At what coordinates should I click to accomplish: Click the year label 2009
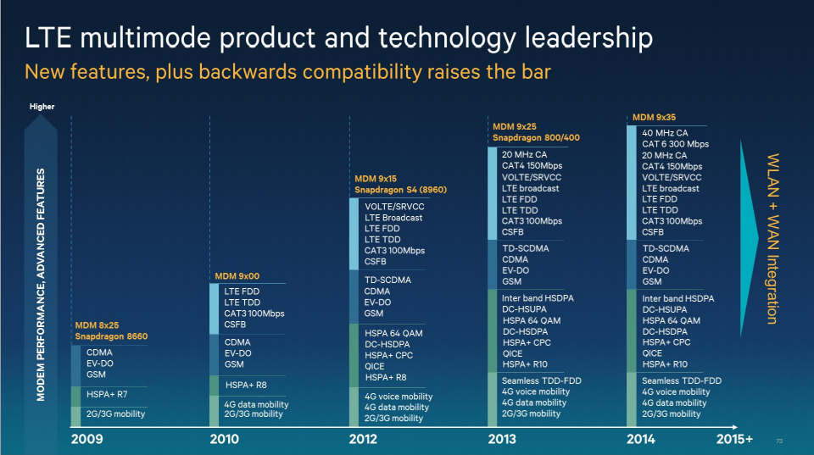point(86,439)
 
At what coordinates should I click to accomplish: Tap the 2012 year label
point(365,439)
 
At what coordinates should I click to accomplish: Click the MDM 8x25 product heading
point(99,325)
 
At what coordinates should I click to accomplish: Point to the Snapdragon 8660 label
point(111,336)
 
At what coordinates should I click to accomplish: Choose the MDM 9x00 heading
point(237,276)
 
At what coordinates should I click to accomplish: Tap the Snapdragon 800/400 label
point(536,137)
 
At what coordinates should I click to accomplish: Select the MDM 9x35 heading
point(654,117)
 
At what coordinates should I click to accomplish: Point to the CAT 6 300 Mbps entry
point(675,144)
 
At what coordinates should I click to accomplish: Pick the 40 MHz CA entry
point(665,133)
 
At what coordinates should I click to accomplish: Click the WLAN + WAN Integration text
point(772,238)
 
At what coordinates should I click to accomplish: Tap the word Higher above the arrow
point(42,107)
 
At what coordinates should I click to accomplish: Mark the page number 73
point(780,441)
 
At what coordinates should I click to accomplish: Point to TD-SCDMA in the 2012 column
point(389,280)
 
